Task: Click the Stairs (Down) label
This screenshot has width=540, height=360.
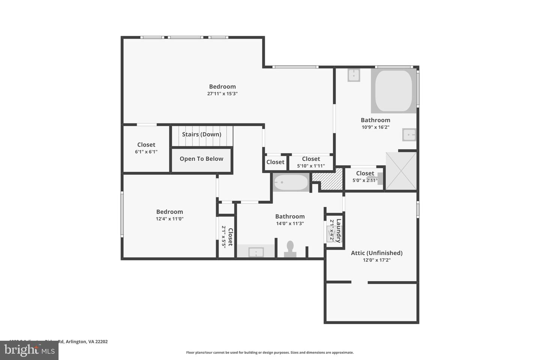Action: [x=201, y=134]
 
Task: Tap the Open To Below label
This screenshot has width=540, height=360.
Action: [x=201, y=159]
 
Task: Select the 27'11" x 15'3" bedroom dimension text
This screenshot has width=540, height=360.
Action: [x=222, y=94]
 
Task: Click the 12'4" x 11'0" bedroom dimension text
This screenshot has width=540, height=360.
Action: [x=169, y=219]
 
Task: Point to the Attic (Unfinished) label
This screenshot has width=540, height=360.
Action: [x=376, y=253]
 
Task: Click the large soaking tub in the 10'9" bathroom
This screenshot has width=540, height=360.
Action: [x=393, y=91]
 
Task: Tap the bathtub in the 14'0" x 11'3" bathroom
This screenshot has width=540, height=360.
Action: [x=291, y=183]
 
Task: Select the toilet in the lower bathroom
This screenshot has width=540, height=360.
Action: [x=290, y=249]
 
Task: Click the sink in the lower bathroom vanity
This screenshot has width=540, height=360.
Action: [x=256, y=252]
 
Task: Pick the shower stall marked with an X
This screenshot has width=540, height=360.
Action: [x=401, y=171]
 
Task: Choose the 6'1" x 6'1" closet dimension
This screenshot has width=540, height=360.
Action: [x=146, y=152]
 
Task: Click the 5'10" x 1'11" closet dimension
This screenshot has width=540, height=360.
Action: [x=311, y=166]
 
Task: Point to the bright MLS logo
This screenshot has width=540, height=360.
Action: [x=29, y=350]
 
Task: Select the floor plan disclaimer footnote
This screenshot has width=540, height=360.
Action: [x=270, y=352]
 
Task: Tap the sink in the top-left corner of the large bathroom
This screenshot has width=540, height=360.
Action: [x=354, y=75]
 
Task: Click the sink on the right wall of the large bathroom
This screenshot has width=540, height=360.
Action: [x=409, y=135]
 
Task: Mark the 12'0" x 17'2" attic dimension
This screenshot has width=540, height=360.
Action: [x=376, y=260]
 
